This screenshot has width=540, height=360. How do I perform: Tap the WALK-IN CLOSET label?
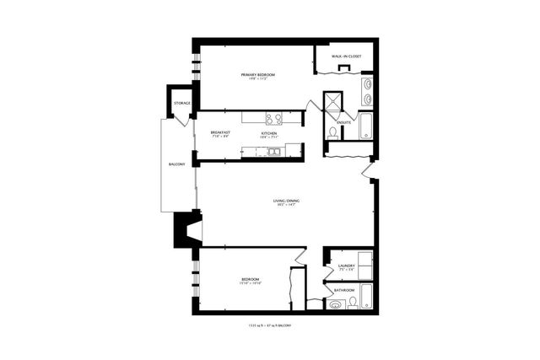click(x=347, y=56)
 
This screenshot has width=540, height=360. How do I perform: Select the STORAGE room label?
click(x=181, y=104)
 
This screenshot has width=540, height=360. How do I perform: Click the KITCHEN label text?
click(x=269, y=133)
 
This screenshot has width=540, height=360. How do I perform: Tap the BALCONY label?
click(x=176, y=164)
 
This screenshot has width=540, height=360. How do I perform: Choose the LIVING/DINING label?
click(x=286, y=201)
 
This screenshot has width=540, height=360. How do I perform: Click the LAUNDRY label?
click(x=346, y=266)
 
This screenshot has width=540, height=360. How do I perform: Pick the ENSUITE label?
click(x=344, y=122)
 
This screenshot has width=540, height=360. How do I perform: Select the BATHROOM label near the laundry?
click(x=343, y=291)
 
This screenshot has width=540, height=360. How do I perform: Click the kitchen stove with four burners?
click(x=274, y=119)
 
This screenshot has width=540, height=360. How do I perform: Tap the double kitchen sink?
click(x=273, y=152)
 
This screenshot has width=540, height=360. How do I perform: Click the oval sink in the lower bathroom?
click(x=336, y=304)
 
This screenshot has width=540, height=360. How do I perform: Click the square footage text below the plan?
click(x=270, y=324)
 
